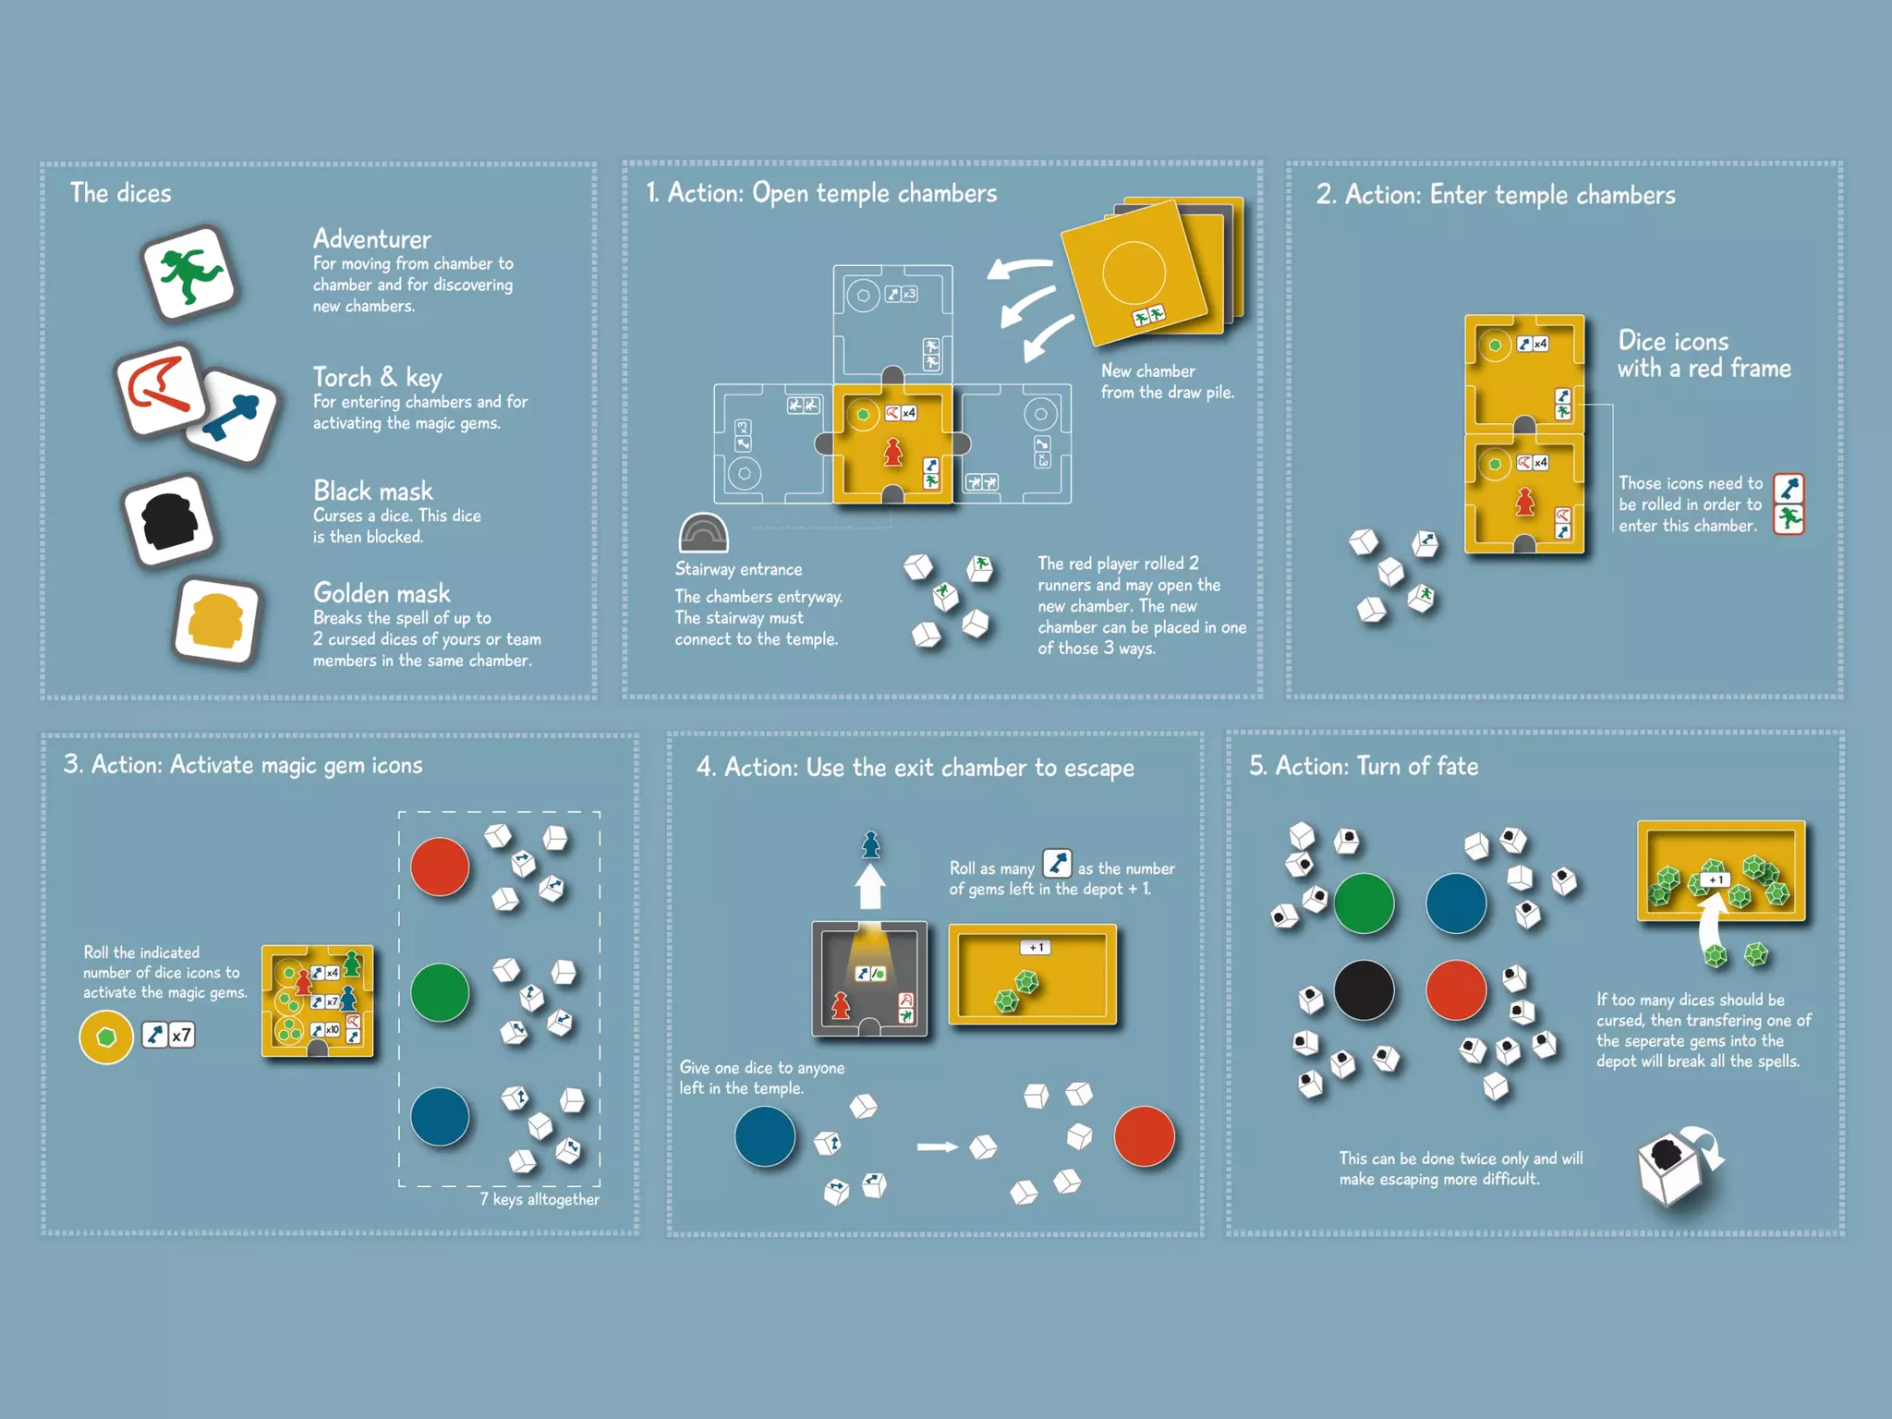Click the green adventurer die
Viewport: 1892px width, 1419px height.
[x=190, y=273]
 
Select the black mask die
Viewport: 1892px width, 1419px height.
[x=169, y=519]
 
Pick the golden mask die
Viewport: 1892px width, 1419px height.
[x=216, y=622]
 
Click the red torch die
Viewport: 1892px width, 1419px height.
[x=159, y=388]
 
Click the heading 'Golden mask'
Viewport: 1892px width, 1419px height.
[x=382, y=593]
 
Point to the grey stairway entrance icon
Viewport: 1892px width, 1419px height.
[x=703, y=534]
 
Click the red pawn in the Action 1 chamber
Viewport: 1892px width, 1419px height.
[x=892, y=452]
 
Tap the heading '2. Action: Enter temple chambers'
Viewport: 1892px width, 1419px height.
[x=1495, y=195]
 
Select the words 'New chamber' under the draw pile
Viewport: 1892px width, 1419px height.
[x=1147, y=370]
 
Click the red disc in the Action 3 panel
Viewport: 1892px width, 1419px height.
[x=440, y=867]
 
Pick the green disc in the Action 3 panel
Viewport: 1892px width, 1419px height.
[x=440, y=992]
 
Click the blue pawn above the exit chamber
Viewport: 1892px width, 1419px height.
[x=870, y=844]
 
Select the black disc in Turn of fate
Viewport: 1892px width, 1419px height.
[x=1364, y=989]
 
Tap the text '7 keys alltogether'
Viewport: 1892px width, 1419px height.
[x=540, y=1199]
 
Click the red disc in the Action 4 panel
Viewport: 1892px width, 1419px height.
[x=1144, y=1135]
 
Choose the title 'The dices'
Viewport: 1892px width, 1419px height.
[x=121, y=193]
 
